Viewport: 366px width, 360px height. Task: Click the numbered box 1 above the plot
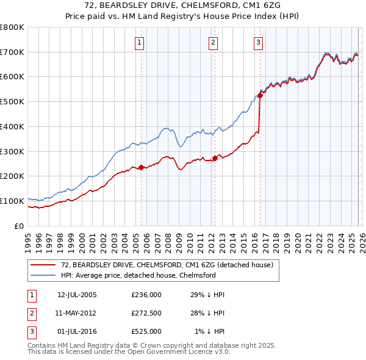click(140, 43)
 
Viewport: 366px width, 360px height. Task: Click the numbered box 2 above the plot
click(213, 43)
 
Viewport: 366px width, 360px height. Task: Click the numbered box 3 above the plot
click(258, 43)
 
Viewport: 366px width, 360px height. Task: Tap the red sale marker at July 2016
click(260, 95)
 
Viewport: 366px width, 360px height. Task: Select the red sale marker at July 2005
click(141, 167)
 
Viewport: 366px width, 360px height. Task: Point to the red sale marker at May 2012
click(215, 158)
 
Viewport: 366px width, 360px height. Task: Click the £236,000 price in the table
click(146, 295)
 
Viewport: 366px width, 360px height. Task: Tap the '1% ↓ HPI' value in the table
click(209, 331)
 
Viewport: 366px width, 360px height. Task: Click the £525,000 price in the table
click(146, 331)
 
